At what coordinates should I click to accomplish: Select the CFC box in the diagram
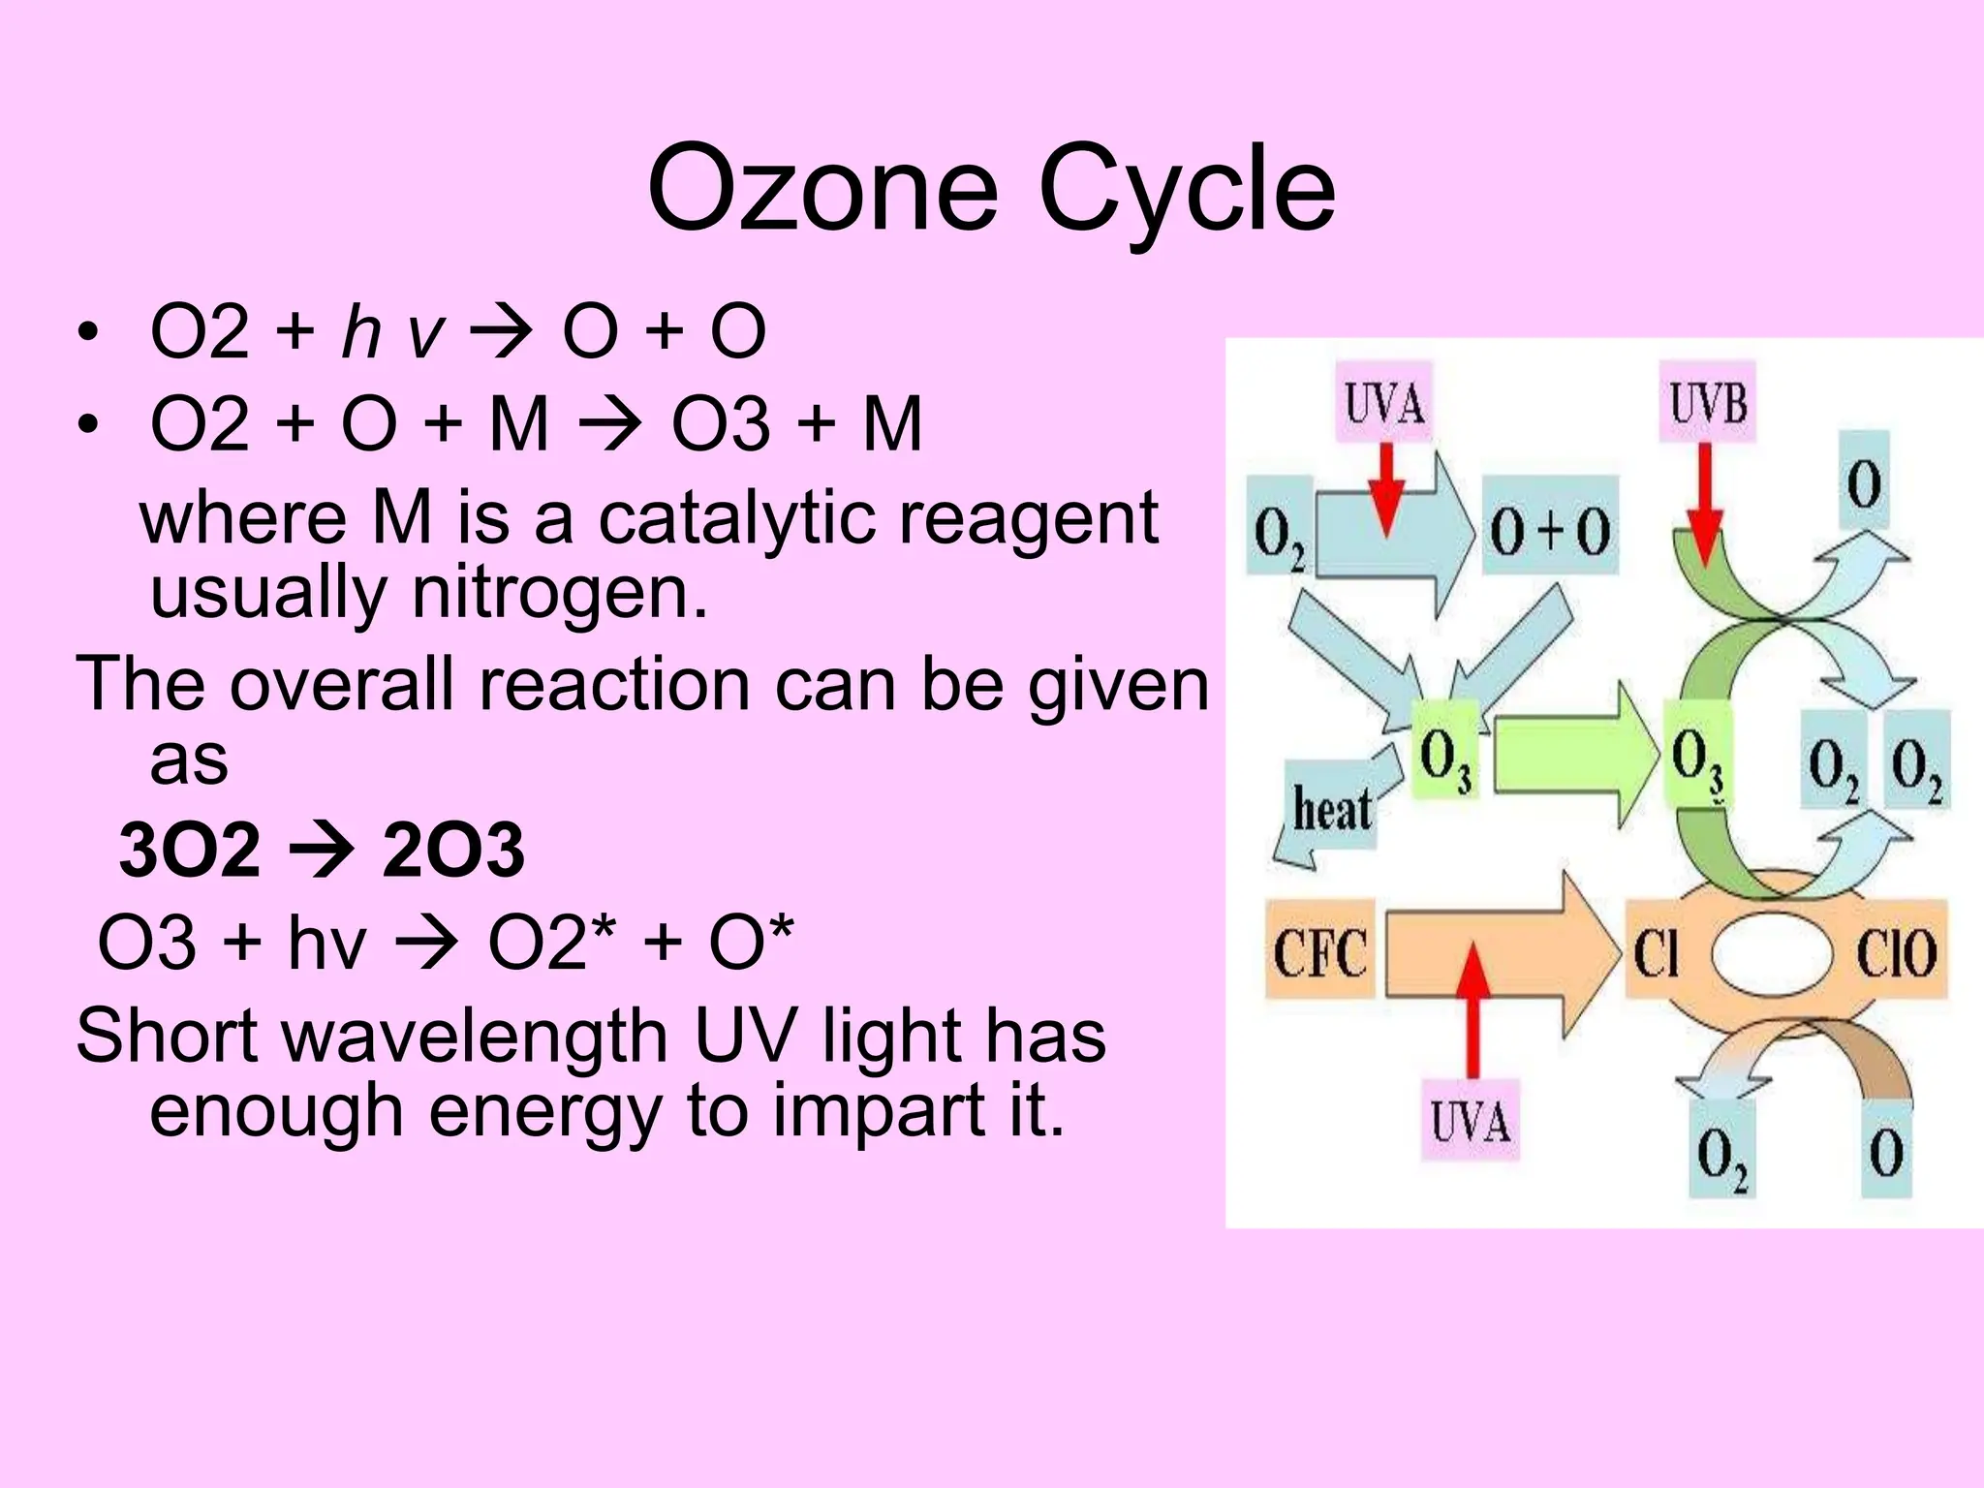[1319, 951]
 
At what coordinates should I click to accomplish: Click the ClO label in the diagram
[1895, 952]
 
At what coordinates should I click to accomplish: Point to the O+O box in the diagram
[1549, 532]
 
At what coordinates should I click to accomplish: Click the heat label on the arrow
[1332, 808]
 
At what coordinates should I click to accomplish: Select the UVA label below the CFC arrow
[1470, 1122]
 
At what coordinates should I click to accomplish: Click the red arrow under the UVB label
[1705, 504]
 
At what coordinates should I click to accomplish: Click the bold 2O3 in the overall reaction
[452, 850]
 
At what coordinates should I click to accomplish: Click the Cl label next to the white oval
[1656, 952]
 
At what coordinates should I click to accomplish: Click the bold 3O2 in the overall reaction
[190, 850]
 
